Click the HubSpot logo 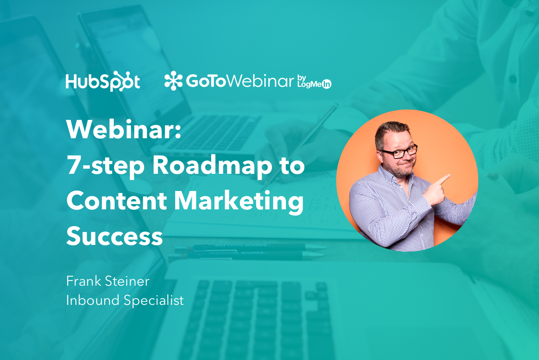click(x=103, y=81)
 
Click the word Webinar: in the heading click(x=124, y=129)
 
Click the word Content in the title click(x=116, y=200)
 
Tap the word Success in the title click(x=115, y=236)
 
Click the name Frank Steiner click(x=108, y=281)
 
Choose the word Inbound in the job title click(x=93, y=300)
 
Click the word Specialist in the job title click(x=154, y=301)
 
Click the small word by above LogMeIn click(x=302, y=78)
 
